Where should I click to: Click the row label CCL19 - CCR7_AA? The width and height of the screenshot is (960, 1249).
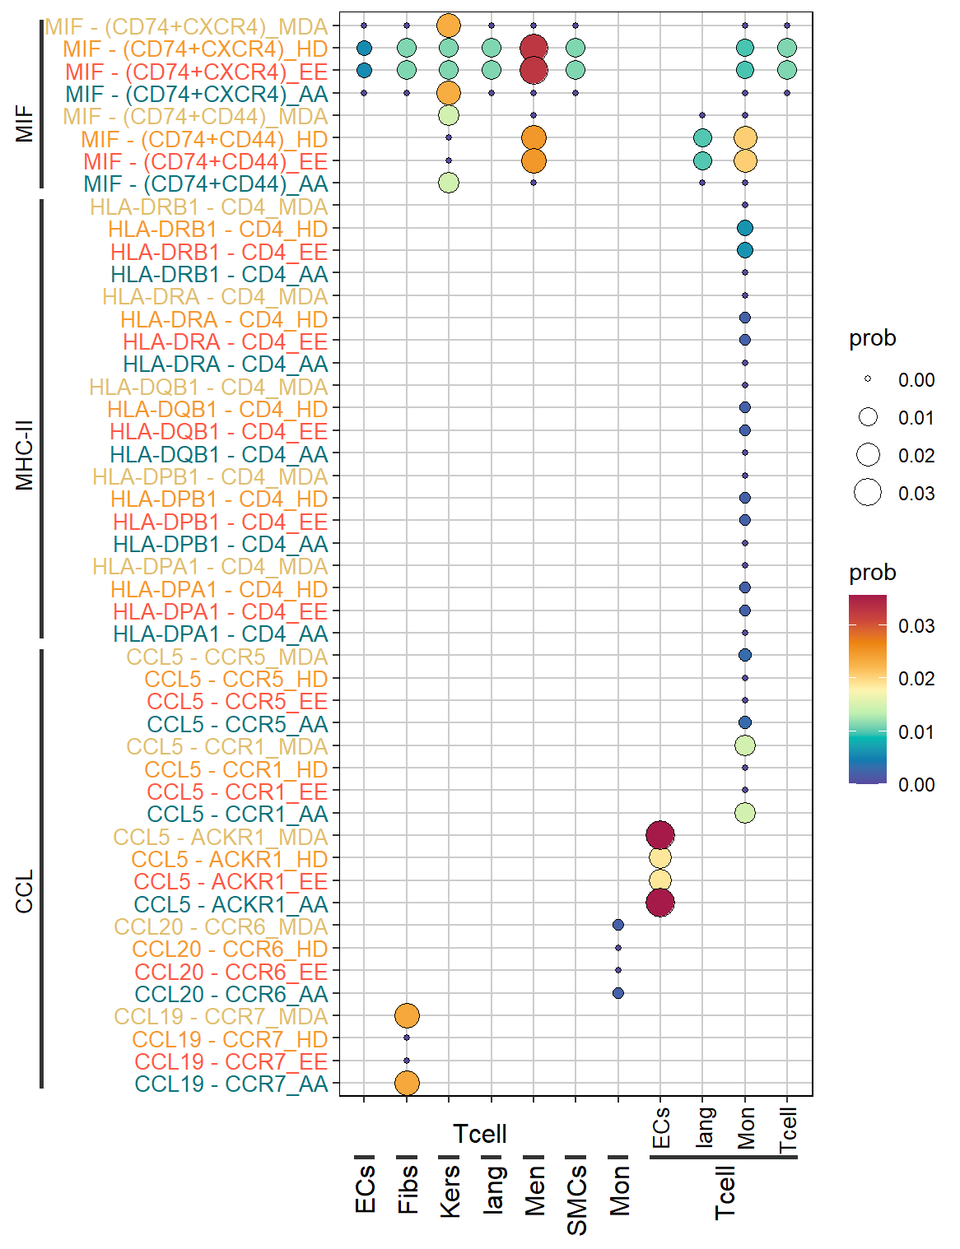[x=231, y=1084]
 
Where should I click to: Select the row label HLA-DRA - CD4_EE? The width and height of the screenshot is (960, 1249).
[x=225, y=341]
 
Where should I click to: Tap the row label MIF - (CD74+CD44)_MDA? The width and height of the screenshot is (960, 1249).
[x=195, y=116]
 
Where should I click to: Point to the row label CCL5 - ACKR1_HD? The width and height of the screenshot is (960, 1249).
[x=230, y=859]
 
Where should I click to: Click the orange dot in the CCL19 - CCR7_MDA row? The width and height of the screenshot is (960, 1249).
[x=407, y=1015]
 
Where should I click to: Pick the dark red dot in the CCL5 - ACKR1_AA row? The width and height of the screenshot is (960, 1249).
[x=659, y=903]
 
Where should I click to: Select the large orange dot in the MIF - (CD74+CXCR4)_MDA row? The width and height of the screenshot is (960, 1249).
[x=449, y=26]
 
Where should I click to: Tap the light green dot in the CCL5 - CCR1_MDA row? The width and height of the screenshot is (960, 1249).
[x=745, y=745]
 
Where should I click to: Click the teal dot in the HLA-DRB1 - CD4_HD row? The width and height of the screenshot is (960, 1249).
[x=745, y=228]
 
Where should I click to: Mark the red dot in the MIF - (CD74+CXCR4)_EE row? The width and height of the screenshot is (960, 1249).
[x=534, y=71]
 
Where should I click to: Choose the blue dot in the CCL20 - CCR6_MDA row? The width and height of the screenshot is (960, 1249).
[x=617, y=925]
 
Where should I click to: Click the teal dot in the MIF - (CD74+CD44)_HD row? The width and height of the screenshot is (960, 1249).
[x=702, y=138]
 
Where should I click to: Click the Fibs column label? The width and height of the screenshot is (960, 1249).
[x=408, y=1189]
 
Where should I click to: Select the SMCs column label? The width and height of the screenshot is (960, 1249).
[x=576, y=1200]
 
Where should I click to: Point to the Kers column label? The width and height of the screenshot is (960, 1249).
[x=450, y=1191]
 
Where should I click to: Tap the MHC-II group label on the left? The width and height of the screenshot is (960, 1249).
[x=24, y=455]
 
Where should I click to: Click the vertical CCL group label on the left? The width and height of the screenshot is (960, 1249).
[x=24, y=891]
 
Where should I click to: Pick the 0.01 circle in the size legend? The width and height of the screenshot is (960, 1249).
[x=868, y=417]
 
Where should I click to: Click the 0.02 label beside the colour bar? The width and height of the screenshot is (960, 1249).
[x=916, y=679]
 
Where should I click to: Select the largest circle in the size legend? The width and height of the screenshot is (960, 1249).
[x=868, y=493]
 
